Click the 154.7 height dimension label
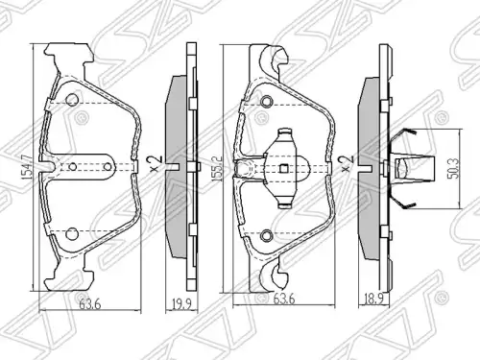pyautogui.click(x=28, y=167)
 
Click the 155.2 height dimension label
pyautogui.click(x=217, y=169)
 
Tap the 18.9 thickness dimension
pyautogui.click(x=373, y=300)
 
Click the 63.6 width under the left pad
pyautogui.click(x=90, y=304)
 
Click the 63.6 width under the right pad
pyautogui.click(x=284, y=300)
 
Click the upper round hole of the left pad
pyautogui.click(x=72, y=100)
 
